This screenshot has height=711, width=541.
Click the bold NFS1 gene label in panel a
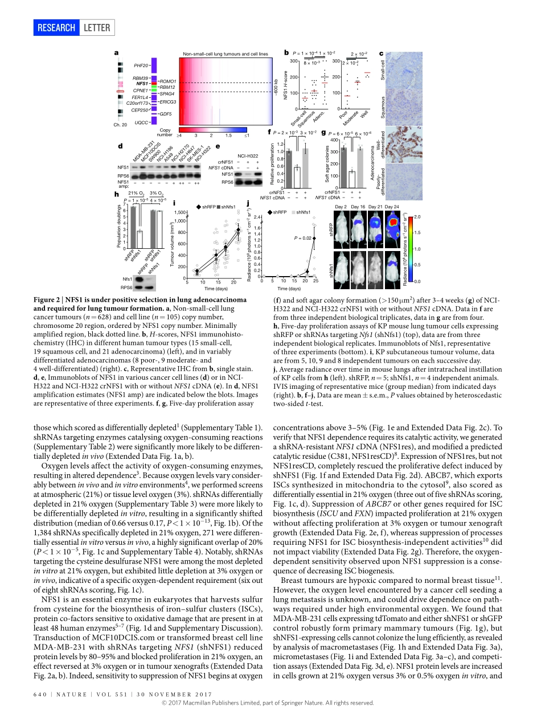[142, 84]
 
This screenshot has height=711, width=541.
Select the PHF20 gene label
[141, 66]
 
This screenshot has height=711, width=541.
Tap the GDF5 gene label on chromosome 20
[165, 114]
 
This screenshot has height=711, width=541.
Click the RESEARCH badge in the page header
[56, 27]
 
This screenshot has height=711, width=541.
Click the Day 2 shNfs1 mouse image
[341, 266]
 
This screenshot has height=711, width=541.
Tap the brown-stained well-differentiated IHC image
[390, 145]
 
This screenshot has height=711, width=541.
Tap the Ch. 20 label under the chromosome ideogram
[120, 124]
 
